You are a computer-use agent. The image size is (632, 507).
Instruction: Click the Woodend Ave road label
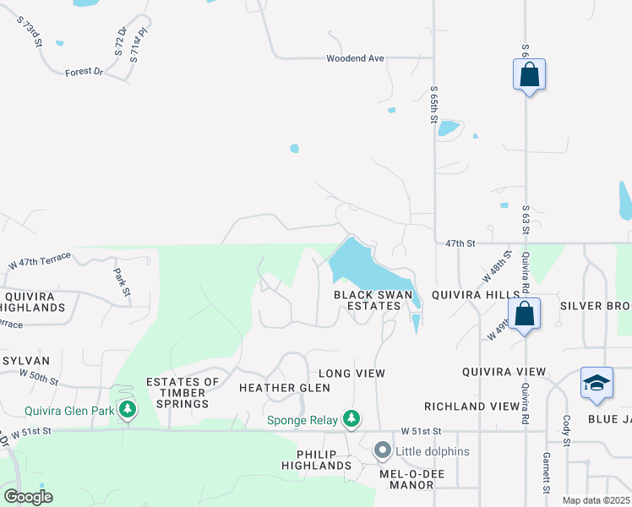[355, 58]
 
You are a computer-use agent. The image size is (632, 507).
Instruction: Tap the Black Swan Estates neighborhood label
[367, 300]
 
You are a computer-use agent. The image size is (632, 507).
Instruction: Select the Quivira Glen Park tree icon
[128, 411]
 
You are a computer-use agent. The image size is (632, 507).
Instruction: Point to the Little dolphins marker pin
[382, 451]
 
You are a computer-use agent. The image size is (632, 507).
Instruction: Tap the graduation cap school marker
[597, 382]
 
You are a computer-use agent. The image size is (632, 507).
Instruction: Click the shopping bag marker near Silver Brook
[525, 313]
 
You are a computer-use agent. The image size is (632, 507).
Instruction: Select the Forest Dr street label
[83, 73]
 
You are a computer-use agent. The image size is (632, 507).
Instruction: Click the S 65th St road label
[433, 104]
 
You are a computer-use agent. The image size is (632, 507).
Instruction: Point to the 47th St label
[460, 243]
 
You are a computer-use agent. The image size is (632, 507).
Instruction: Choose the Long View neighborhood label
[351, 373]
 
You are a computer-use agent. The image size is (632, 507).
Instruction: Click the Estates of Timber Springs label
[183, 393]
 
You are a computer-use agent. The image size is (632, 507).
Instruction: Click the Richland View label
[471, 406]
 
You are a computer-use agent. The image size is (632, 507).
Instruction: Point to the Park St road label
[123, 282]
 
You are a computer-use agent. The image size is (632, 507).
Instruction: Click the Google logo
[28, 497]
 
